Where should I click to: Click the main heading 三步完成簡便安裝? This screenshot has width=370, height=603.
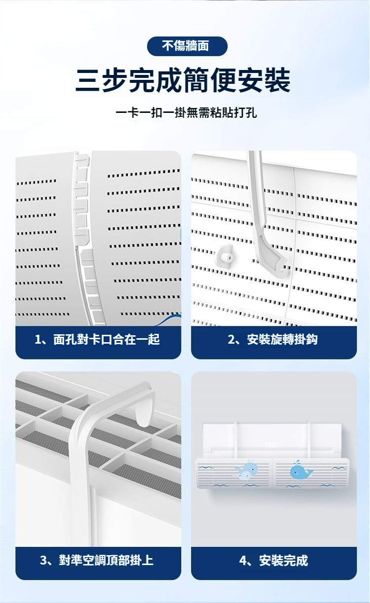pyautogui.click(x=183, y=80)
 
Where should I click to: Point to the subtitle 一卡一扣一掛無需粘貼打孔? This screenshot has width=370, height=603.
pyautogui.click(x=186, y=112)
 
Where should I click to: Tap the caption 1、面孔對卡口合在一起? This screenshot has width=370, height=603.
pyautogui.click(x=97, y=339)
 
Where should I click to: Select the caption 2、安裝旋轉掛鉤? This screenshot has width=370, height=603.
pyautogui.click(x=273, y=339)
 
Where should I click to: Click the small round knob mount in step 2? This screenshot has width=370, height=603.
pyautogui.click(x=225, y=256)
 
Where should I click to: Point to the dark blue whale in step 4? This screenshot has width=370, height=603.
pyautogui.click(x=301, y=471)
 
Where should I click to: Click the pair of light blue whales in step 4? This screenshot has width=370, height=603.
pyautogui.click(x=247, y=470)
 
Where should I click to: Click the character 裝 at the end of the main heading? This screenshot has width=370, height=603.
pyautogui.click(x=277, y=80)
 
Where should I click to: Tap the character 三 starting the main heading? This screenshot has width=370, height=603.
pyautogui.click(x=88, y=80)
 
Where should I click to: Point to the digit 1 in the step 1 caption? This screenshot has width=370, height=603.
pyautogui.click(x=37, y=339)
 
